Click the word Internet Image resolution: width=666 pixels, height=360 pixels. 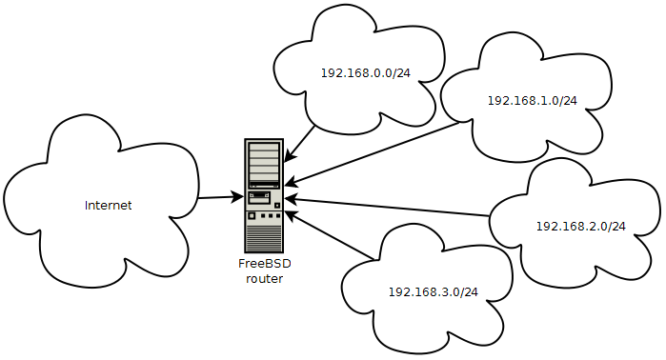pos(109,206)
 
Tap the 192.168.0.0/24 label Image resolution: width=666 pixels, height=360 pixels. pos(366,73)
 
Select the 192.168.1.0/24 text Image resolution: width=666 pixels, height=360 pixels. pos(533,101)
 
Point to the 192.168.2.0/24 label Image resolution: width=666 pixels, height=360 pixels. pos(580,227)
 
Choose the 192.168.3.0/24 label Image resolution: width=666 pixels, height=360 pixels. pos(434,292)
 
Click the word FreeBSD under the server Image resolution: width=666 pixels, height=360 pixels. pos(265,264)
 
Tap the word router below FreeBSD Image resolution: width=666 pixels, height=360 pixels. pos(265,279)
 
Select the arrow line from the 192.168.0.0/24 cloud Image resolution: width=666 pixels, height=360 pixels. pos(299,144)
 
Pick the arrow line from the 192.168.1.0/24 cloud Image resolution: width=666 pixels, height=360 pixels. pos(373,153)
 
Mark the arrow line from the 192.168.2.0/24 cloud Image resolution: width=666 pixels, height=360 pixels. pos(387,207)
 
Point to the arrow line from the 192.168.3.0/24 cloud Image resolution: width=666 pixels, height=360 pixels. pos(329,235)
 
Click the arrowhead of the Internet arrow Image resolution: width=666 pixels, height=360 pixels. pos(238,196)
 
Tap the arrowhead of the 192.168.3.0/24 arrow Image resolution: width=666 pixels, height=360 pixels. pos(291,214)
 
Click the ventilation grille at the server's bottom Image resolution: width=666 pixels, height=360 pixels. pos(264,238)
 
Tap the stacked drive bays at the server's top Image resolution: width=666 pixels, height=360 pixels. pos(264,164)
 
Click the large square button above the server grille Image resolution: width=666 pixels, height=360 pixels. pos(252,215)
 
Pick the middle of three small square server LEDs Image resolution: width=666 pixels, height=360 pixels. pos(271,216)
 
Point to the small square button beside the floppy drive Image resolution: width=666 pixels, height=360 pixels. pos(277,206)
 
